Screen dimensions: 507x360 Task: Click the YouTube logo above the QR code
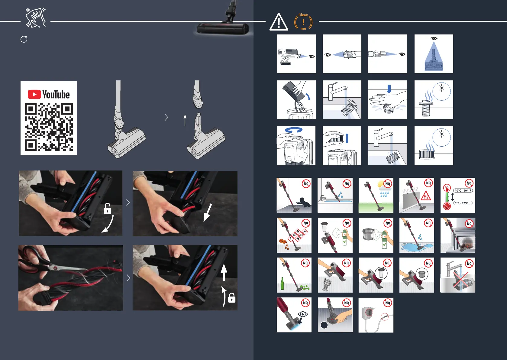[x=48, y=94]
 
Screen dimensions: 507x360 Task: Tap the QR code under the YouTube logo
[x=49, y=127]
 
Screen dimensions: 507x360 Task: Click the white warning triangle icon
[x=279, y=22]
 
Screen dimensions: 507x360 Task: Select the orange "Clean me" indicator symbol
[x=303, y=22]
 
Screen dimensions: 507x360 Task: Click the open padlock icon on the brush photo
[x=107, y=209]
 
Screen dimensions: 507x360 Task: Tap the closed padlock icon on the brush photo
[x=231, y=298]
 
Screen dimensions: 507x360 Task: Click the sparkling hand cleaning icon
[x=36, y=18]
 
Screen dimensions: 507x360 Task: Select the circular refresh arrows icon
[x=24, y=39]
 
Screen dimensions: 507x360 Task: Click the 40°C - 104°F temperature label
[x=463, y=191]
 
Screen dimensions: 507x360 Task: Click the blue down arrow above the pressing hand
[x=389, y=89]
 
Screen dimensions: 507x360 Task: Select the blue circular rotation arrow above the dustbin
[x=294, y=130]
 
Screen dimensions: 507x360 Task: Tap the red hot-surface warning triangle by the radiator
[x=425, y=196]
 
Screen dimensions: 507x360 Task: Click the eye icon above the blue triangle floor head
[x=434, y=38]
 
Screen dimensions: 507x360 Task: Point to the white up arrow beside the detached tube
[x=185, y=120]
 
